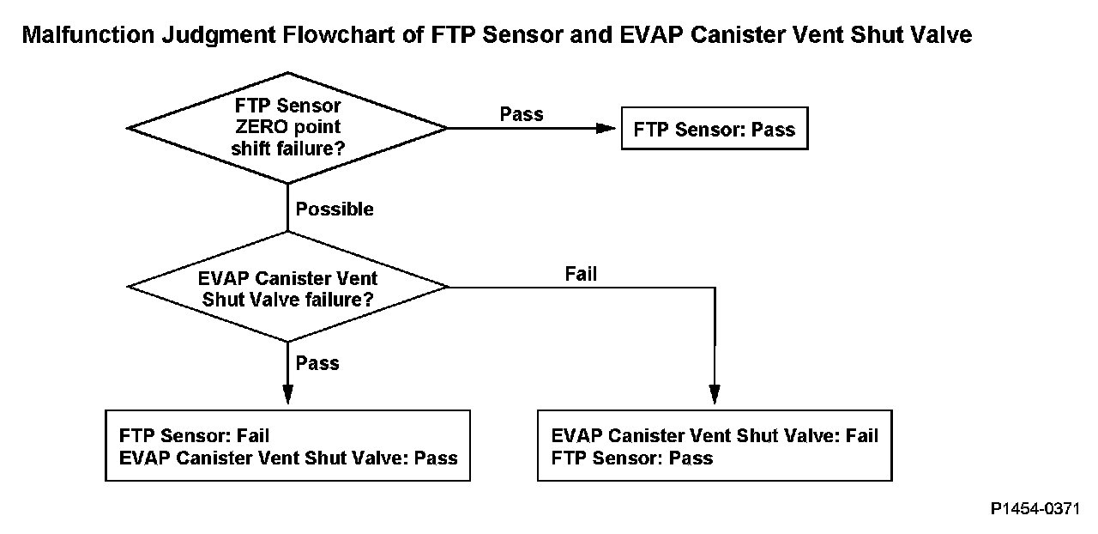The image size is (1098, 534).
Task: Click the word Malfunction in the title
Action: click(88, 35)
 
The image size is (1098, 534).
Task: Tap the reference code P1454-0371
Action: click(1035, 508)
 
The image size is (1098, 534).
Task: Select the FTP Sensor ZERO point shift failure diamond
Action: click(287, 128)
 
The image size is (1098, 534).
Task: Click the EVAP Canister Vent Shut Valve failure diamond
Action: click(287, 287)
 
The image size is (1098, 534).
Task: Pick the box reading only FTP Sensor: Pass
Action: click(715, 129)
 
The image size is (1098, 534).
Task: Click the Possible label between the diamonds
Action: click(335, 209)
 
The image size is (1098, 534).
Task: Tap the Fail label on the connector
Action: click(581, 274)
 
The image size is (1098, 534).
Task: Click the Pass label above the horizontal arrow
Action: click(522, 114)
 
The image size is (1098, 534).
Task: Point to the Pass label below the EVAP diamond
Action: click(317, 363)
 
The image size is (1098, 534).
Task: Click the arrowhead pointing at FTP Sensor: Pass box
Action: click(606, 129)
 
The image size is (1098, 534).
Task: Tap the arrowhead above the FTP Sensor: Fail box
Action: click(287, 394)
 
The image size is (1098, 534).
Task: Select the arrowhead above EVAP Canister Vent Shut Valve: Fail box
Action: click(715, 394)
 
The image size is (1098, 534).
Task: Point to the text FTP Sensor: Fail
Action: click(194, 436)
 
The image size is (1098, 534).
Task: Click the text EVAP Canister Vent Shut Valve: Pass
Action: click(288, 458)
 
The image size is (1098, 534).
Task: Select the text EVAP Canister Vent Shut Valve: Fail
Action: click(715, 436)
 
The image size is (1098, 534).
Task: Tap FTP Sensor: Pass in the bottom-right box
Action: click(632, 458)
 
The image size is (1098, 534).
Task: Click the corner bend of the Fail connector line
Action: click(715, 288)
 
